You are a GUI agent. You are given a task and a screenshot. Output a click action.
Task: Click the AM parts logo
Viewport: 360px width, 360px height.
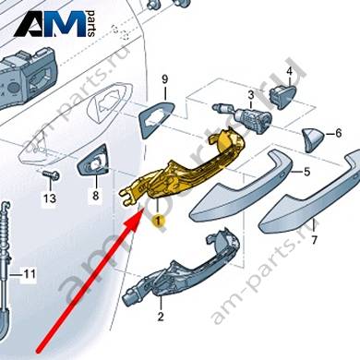tap(54, 23)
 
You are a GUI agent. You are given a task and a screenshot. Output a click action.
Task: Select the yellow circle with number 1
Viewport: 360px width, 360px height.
tap(159, 221)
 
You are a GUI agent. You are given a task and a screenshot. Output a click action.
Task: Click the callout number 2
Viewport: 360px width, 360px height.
tap(161, 317)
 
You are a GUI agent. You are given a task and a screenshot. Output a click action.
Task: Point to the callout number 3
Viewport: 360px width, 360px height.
tap(251, 95)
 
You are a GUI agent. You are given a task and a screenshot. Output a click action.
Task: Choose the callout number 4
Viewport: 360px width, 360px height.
tap(289, 72)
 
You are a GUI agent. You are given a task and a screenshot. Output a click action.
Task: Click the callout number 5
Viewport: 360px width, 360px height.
tap(306, 172)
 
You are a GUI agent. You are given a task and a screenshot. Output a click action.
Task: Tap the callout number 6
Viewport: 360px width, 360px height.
tap(338, 133)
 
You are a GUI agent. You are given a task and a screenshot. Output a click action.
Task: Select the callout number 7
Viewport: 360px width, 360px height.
tap(314, 240)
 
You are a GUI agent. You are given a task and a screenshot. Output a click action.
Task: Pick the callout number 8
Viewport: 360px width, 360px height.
tap(96, 195)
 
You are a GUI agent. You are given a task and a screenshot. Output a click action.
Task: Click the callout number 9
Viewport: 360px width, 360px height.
tap(165, 80)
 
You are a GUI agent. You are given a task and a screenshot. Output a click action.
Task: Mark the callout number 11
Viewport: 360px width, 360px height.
tap(30, 273)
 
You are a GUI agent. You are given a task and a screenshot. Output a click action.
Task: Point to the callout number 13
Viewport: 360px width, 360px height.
tap(50, 198)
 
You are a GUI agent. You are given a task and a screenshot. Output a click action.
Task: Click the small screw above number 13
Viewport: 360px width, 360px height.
tap(51, 175)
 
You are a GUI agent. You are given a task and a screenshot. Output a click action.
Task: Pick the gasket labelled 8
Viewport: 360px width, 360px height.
tap(92, 160)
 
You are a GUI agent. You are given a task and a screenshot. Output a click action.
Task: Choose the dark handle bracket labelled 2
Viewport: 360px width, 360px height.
tap(182, 270)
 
